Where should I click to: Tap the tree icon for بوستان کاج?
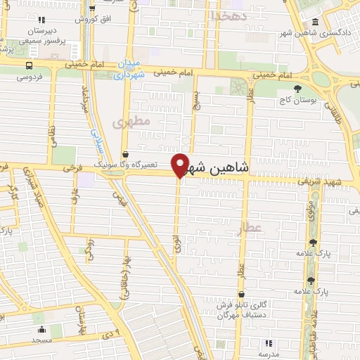click(300, 90)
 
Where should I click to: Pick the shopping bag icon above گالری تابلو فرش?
click(242, 295)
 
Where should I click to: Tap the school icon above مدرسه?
click(268, 343)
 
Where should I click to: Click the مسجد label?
click(41, 340)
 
